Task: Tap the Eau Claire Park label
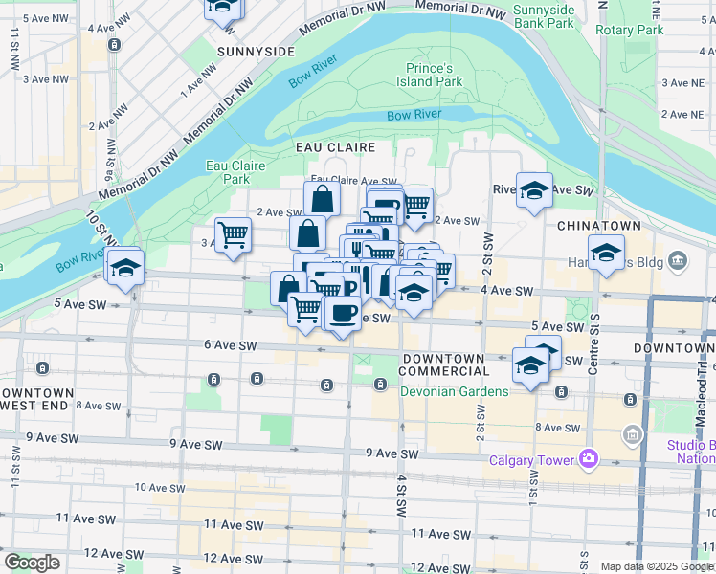(235, 171)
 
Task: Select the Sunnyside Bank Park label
(544, 16)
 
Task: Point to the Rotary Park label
(629, 30)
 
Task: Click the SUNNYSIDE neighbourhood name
(256, 50)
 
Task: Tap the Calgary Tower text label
(529, 460)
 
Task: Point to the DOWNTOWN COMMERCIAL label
(445, 364)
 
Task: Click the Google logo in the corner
(32, 563)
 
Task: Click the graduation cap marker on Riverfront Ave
(534, 188)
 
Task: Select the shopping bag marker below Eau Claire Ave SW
(323, 199)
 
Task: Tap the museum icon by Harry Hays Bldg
(679, 259)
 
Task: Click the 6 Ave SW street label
(231, 345)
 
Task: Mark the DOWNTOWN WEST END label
(38, 399)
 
